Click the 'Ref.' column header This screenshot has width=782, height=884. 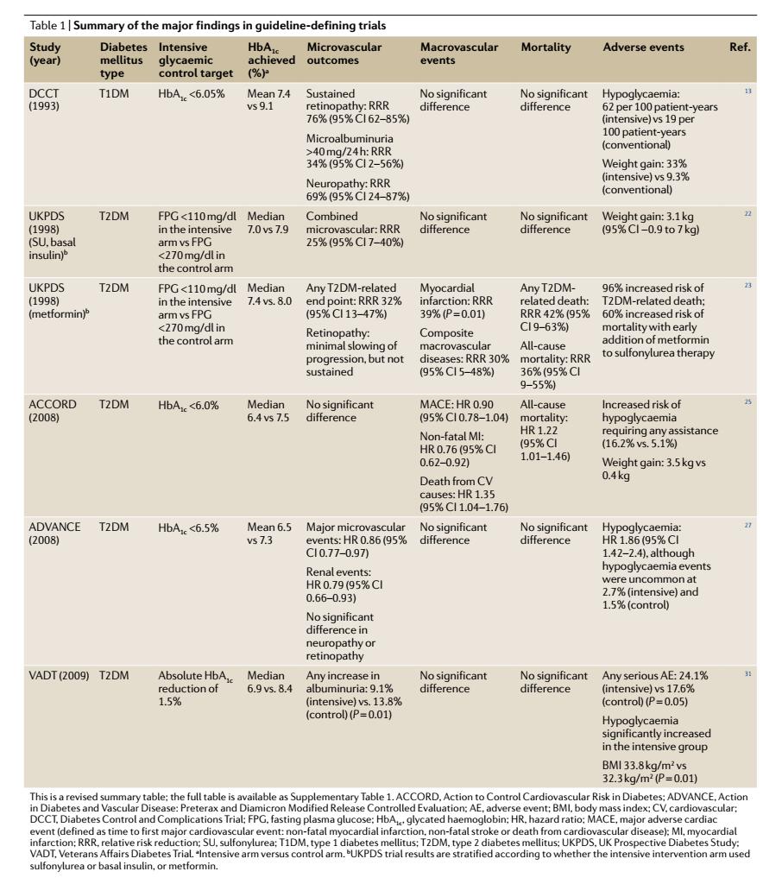(739, 47)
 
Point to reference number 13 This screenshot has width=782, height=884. (747, 91)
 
